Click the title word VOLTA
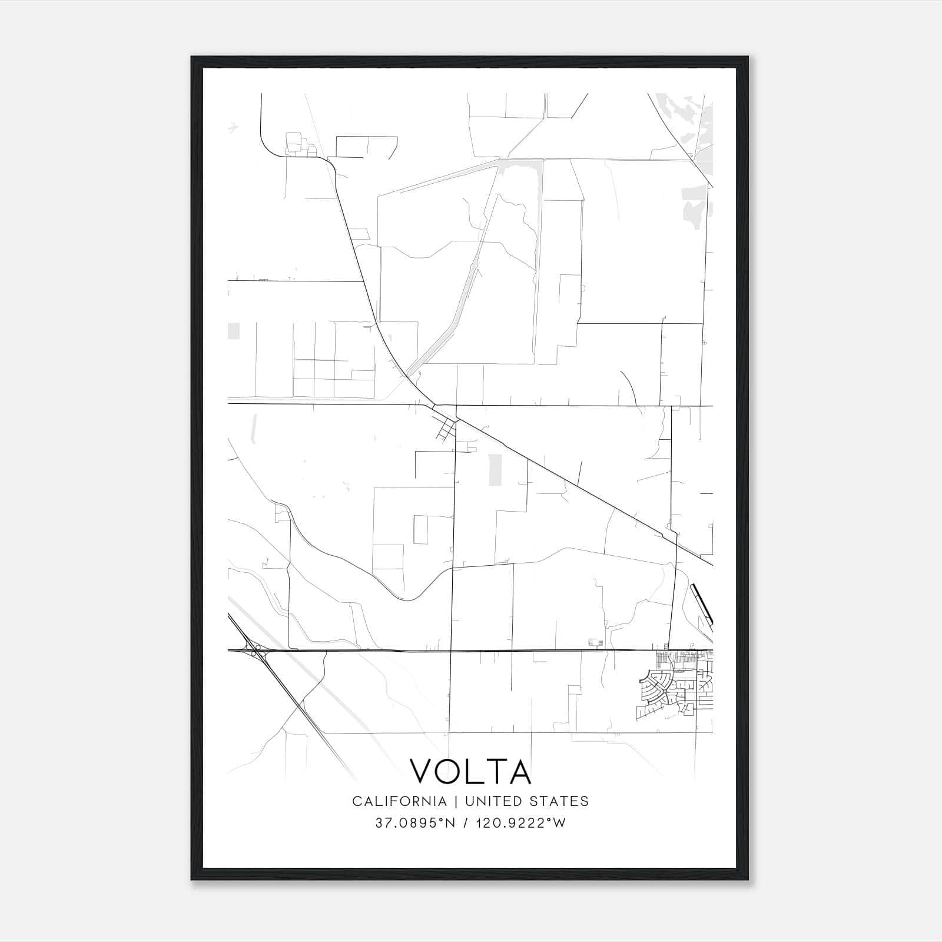pyautogui.click(x=470, y=771)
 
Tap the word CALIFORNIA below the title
pyautogui.click(x=399, y=801)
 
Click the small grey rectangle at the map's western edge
pyautogui.click(x=234, y=331)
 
